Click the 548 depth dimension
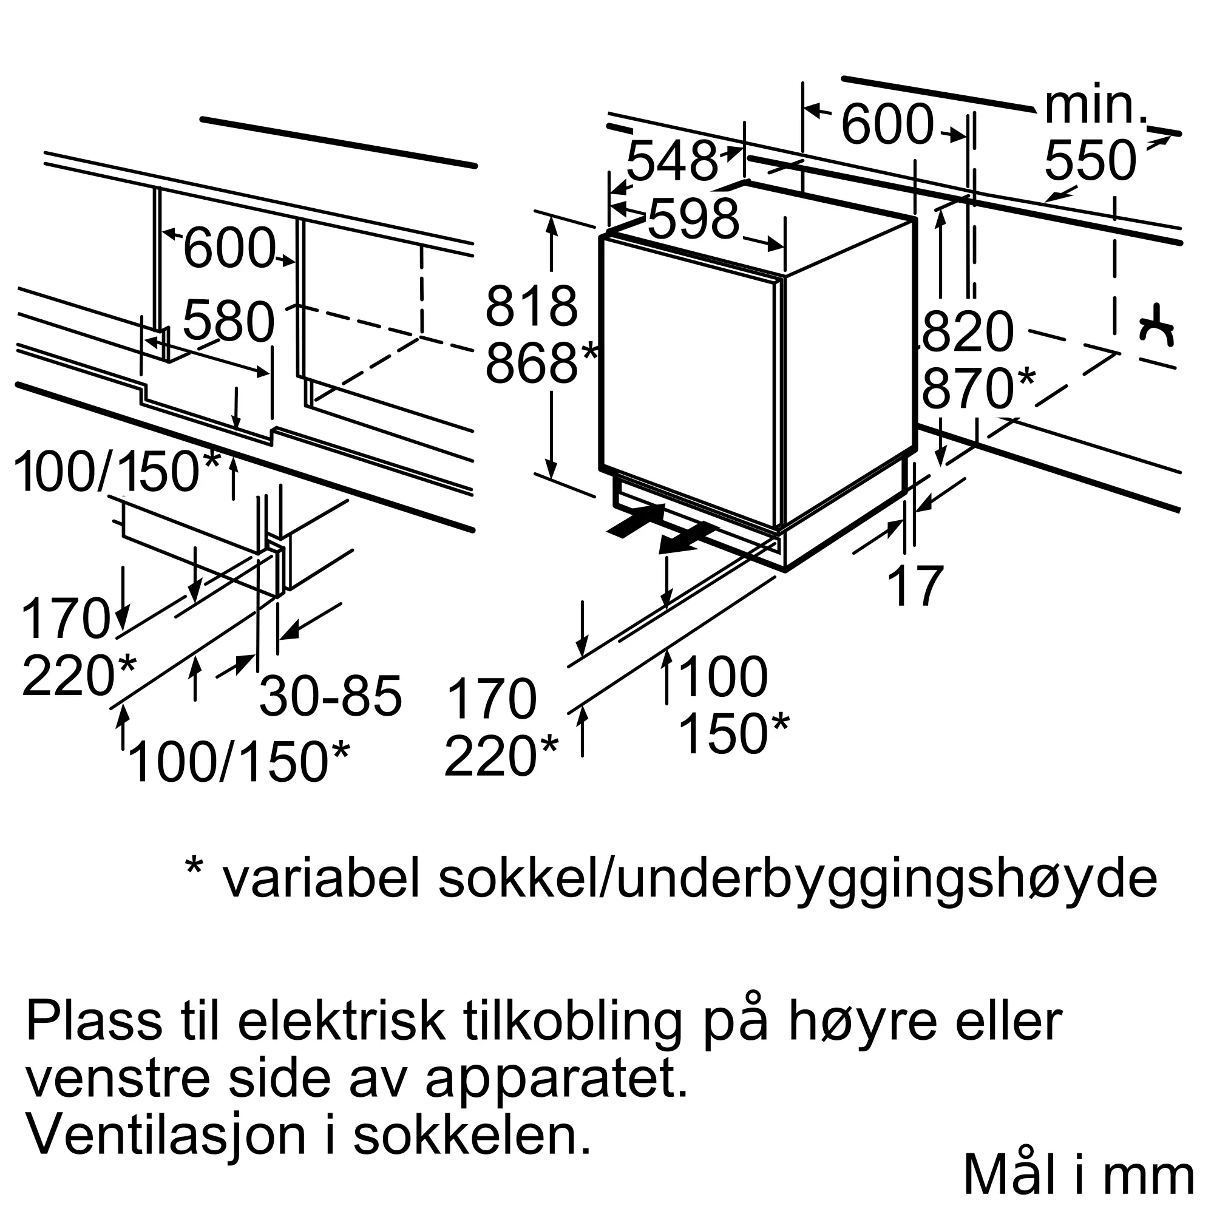[671, 161]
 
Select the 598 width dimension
[693, 219]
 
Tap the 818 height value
[531, 306]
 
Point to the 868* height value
[540, 362]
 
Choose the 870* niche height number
[978, 388]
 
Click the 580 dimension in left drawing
[229, 321]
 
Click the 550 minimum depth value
[1090, 161]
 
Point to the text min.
[1096, 106]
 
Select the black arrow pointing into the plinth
[636, 520]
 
